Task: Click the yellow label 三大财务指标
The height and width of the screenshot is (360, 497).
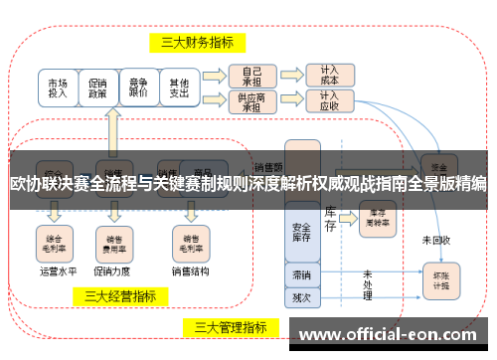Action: (198, 43)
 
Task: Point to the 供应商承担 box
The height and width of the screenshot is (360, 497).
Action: (251, 101)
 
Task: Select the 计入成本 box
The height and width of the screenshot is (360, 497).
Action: (328, 76)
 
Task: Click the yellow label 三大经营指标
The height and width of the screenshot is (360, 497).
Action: (120, 295)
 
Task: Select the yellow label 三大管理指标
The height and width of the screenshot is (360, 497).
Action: (230, 327)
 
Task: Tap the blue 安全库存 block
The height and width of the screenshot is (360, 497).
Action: (301, 230)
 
